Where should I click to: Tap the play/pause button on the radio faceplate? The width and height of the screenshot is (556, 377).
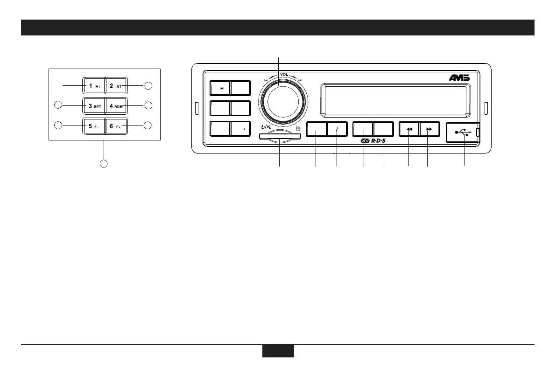point(221,88)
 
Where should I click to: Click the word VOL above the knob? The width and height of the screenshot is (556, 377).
point(284,74)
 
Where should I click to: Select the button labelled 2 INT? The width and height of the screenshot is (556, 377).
point(116,86)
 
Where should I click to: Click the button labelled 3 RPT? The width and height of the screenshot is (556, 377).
point(94,106)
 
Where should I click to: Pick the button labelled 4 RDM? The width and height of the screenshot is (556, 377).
point(116,106)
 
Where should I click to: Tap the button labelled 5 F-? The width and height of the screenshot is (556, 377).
point(94,126)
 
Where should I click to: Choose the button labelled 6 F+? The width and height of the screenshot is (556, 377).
point(116,126)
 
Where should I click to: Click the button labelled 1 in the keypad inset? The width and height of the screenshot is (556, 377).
point(94,86)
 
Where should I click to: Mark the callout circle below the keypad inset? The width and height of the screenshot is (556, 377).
point(104,164)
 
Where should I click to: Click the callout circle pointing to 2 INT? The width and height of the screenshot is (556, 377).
point(148,85)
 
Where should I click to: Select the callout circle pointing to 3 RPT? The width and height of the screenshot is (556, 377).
point(58,105)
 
